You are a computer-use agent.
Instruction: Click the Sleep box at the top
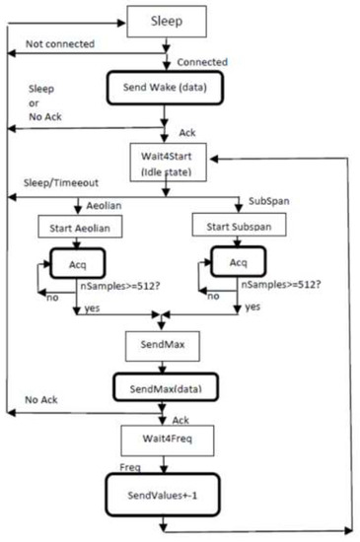(x=165, y=20)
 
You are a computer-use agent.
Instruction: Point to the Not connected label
(x=61, y=42)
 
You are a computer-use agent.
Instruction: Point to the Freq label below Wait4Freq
(x=133, y=461)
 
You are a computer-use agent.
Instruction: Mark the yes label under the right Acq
(x=254, y=306)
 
